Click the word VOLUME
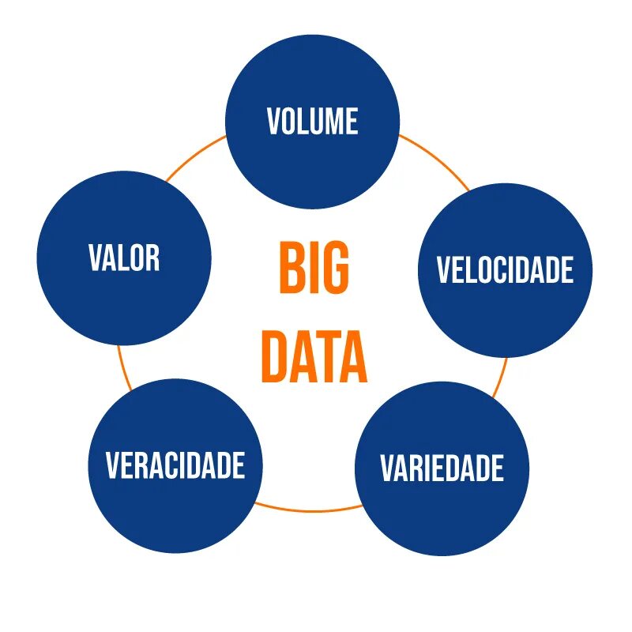[x=312, y=122]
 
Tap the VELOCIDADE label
[x=505, y=270]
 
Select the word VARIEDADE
[x=442, y=468]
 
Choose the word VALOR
[x=124, y=258]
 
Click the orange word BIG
[x=314, y=269]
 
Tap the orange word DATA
[x=314, y=357]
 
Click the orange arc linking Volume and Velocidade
[x=437, y=161]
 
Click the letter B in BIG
[x=290, y=269]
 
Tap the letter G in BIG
[x=335, y=269]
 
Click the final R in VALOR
[x=152, y=258]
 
